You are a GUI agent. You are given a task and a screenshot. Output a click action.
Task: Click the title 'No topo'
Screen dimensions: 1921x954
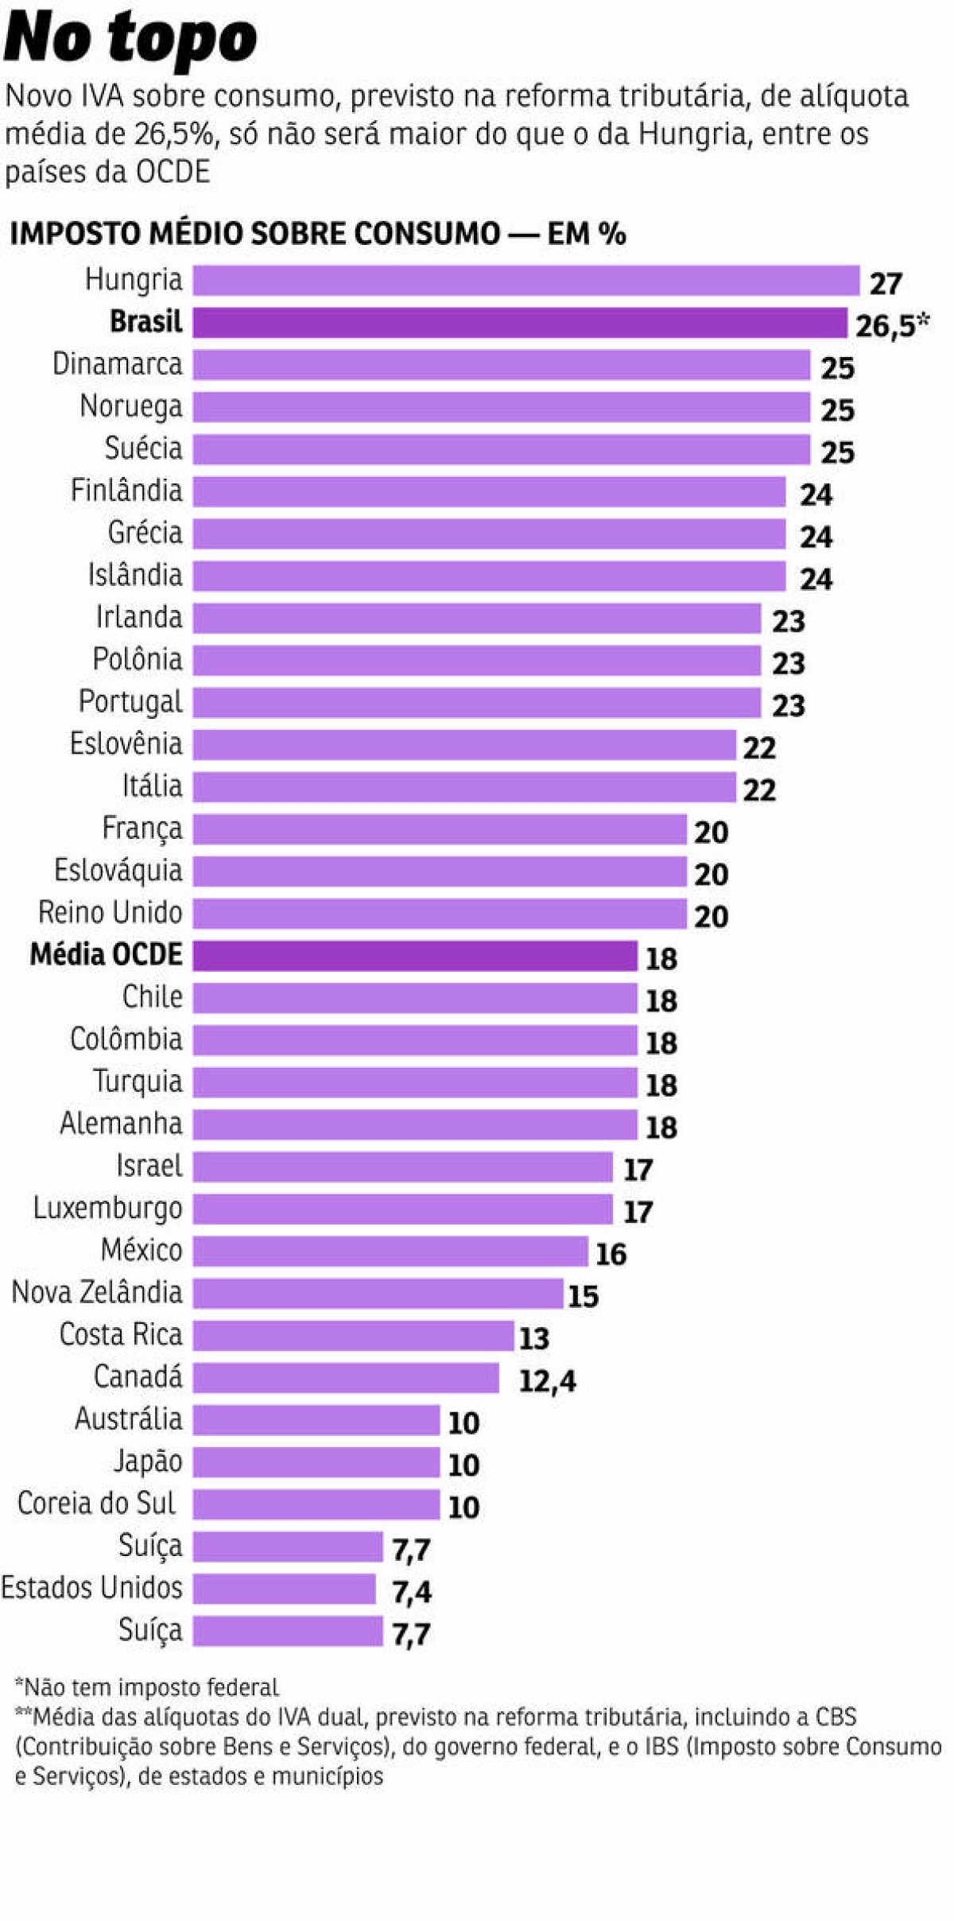(x=130, y=38)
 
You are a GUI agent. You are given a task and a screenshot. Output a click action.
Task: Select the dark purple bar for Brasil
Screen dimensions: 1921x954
(x=519, y=323)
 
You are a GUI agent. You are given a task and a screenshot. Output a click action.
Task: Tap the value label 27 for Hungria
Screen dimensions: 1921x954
(x=885, y=284)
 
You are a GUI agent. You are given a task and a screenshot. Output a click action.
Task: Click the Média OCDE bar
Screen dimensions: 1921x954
(x=414, y=956)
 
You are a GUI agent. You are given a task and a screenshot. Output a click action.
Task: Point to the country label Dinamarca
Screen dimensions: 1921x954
(x=117, y=364)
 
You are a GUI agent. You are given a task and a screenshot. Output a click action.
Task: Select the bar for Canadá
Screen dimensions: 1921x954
(x=346, y=1378)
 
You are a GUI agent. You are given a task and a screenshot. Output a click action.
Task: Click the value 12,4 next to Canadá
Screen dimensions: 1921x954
(x=547, y=1381)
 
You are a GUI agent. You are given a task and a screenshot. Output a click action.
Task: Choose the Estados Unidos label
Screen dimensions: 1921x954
(x=91, y=1588)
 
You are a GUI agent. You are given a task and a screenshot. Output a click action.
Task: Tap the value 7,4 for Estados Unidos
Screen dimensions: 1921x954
(x=411, y=1592)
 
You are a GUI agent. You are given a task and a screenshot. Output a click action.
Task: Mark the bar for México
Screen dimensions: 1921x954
(x=390, y=1252)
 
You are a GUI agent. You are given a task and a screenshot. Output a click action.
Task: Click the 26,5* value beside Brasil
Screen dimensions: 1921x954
(x=891, y=325)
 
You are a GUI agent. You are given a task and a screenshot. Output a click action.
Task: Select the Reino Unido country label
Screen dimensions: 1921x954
(x=110, y=913)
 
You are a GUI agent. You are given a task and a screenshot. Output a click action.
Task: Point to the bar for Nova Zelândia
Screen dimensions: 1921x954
(x=378, y=1294)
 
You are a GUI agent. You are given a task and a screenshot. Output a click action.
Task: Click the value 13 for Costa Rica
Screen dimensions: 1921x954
(x=533, y=1339)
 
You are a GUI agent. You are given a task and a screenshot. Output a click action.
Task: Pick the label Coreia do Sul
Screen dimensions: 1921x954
(x=96, y=1504)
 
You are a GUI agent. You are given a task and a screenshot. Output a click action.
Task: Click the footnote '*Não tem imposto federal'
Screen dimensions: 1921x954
(x=147, y=1687)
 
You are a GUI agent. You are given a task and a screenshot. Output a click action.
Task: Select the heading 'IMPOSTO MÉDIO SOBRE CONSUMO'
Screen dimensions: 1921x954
(x=254, y=234)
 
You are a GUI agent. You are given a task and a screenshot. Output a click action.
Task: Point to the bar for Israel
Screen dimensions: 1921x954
(x=402, y=1167)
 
